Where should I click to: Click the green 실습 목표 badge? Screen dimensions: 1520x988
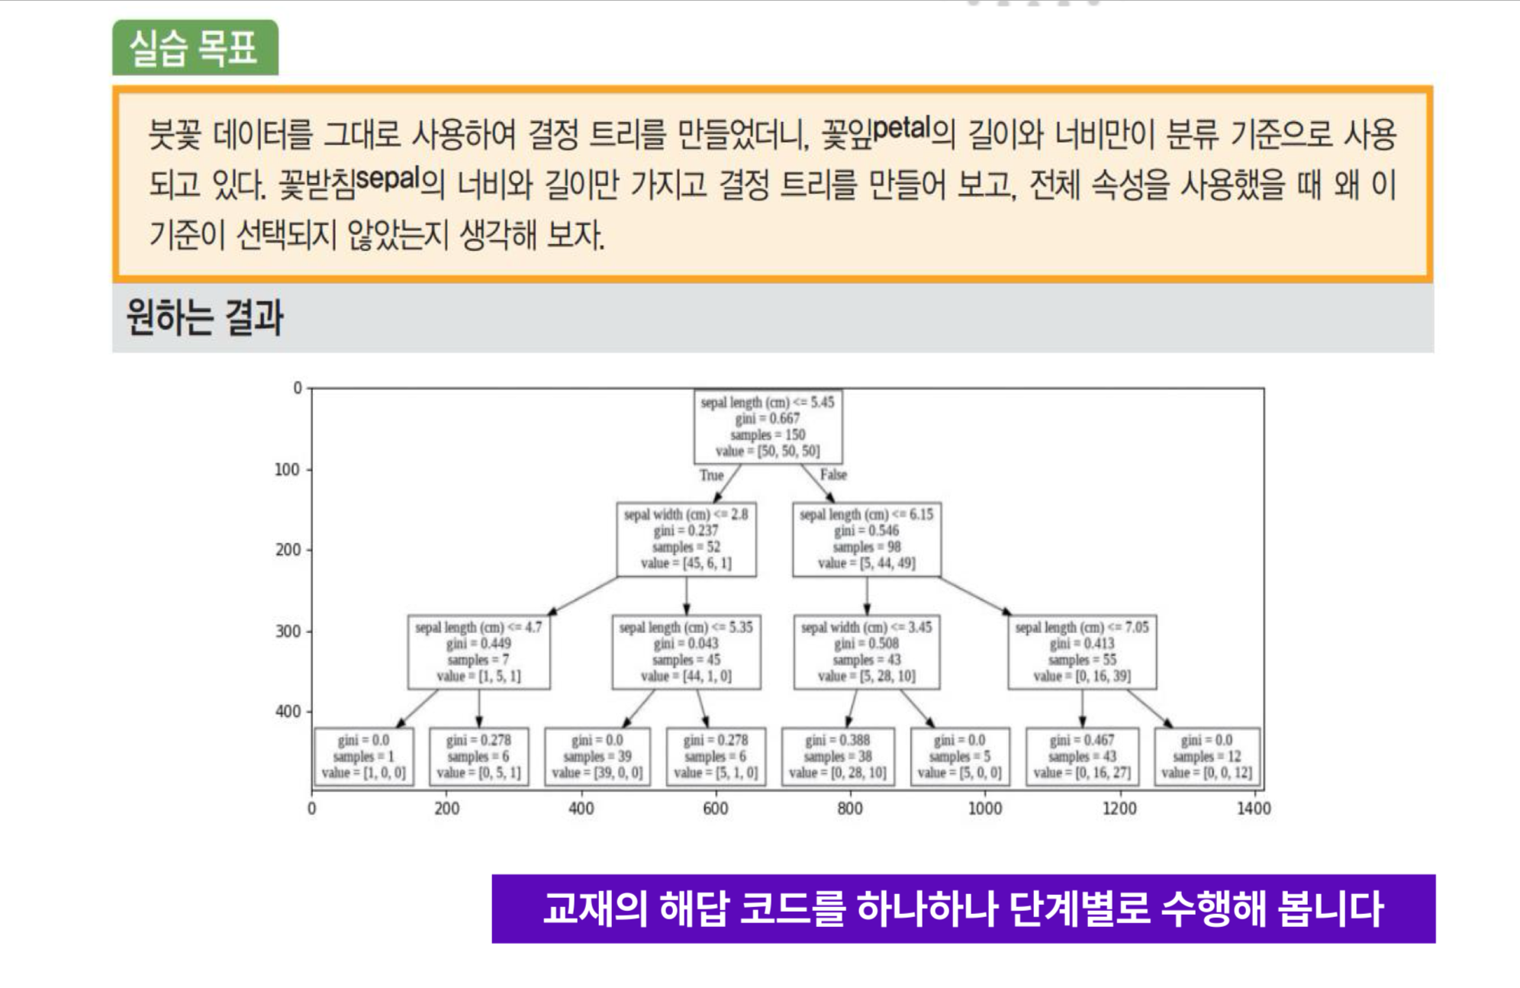[x=195, y=48]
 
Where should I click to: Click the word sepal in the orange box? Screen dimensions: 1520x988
[x=387, y=179]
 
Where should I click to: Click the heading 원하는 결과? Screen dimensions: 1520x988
[x=204, y=317]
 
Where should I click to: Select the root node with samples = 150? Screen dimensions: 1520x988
[x=768, y=426]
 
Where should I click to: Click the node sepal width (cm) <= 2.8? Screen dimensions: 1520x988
[x=686, y=539]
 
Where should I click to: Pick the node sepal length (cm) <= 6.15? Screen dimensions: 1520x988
[x=866, y=539]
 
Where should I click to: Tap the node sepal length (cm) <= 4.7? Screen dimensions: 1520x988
[x=478, y=652]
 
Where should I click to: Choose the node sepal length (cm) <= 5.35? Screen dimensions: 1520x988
[x=686, y=652]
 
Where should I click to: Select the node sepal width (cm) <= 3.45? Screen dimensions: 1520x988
[x=866, y=652]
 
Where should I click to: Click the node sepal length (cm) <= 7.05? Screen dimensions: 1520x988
[x=1082, y=652]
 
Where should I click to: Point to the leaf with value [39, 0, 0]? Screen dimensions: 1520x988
[x=597, y=757]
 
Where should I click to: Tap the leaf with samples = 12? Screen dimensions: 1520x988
[x=1206, y=757]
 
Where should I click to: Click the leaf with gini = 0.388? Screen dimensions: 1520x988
[x=837, y=757]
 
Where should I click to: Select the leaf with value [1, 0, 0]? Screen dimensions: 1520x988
[x=363, y=757]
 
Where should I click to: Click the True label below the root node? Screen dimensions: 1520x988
[x=711, y=475]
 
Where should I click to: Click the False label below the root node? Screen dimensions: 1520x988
[x=833, y=475]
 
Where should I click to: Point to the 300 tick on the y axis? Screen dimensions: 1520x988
[x=288, y=631]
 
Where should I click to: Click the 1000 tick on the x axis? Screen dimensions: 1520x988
[x=984, y=809]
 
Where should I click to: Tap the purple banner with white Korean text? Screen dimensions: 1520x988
[x=963, y=909]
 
